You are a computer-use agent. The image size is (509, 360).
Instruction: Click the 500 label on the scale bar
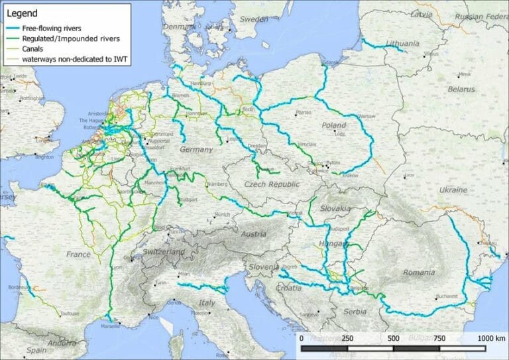393,338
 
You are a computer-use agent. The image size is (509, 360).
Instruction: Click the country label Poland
333,125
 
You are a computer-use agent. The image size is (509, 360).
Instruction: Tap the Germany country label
197,149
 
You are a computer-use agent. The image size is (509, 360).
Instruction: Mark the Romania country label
418,272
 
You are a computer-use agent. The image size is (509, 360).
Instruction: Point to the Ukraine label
451,190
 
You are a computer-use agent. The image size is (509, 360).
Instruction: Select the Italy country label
208,302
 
